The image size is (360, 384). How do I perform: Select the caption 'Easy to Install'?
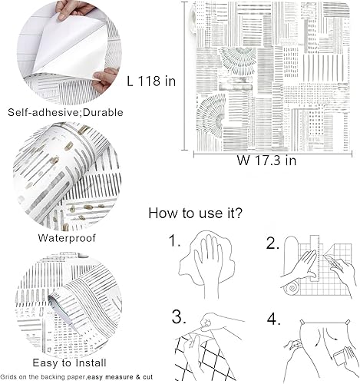point(59,361)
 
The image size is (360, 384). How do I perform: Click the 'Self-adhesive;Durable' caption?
point(58,112)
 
